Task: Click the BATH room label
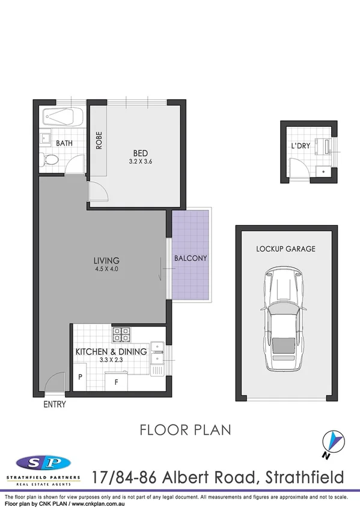point(64,144)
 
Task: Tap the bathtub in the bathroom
point(64,117)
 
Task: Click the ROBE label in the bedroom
point(99,140)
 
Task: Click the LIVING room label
point(106,260)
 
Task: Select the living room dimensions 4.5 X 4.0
point(106,269)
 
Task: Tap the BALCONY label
point(191,258)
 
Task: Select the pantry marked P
point(80,377)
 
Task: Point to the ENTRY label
point(55,405)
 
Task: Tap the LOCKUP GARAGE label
point(285,249)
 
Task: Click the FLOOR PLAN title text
point(177,430)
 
